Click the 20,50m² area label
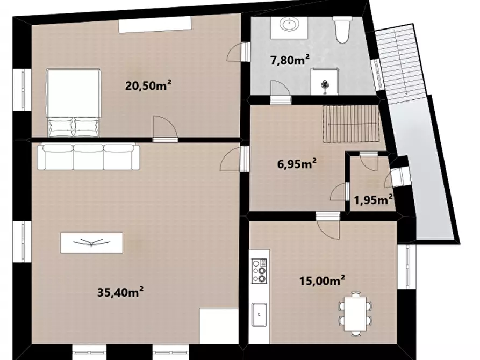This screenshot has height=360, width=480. click(148, 85)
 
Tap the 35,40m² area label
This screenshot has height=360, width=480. click(120, 292)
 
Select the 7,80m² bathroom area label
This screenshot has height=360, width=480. click(290, 60)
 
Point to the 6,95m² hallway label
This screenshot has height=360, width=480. click(297, 164)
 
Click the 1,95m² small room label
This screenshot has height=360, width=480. click(374, 200)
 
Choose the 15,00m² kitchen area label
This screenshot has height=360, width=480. click(323, 280)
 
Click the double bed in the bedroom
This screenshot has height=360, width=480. click(74, 103)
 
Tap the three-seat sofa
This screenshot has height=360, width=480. click(89, 157)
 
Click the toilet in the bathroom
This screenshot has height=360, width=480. click(342, 30)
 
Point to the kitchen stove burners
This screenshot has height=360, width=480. click(259, 271)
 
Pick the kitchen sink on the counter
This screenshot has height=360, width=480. click(259, 314)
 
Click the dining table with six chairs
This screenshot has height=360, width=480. click(355, 313)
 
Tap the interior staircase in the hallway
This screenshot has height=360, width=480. click(351, 124)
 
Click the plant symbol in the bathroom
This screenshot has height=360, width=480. click(324, 85)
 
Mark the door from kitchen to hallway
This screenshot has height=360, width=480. click(328, 225)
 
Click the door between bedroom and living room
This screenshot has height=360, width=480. click(166, 128)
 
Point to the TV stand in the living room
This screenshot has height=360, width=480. click(91, 243)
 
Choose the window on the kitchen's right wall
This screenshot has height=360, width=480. click(407, 267)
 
